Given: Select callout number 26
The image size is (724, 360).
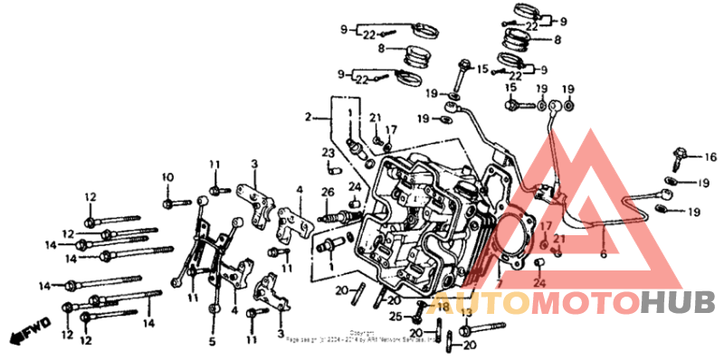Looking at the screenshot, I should (327, 192).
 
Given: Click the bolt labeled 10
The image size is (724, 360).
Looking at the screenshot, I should (167, 197).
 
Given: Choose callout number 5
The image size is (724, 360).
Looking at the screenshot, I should (213, 341).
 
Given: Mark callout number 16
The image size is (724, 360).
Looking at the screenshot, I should (698, 156).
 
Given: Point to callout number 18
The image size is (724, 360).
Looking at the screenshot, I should (443, 308).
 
